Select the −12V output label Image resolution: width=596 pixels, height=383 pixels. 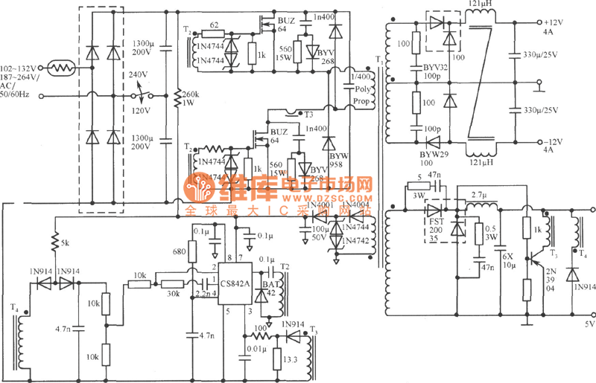tap(556, 141)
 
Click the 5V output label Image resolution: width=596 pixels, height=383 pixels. tap(589, 325)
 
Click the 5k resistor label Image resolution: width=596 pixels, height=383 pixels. tap(66, 243)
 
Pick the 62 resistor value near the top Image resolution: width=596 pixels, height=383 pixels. tap(214, 25)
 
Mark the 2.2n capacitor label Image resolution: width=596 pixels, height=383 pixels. tap(203, 295)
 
